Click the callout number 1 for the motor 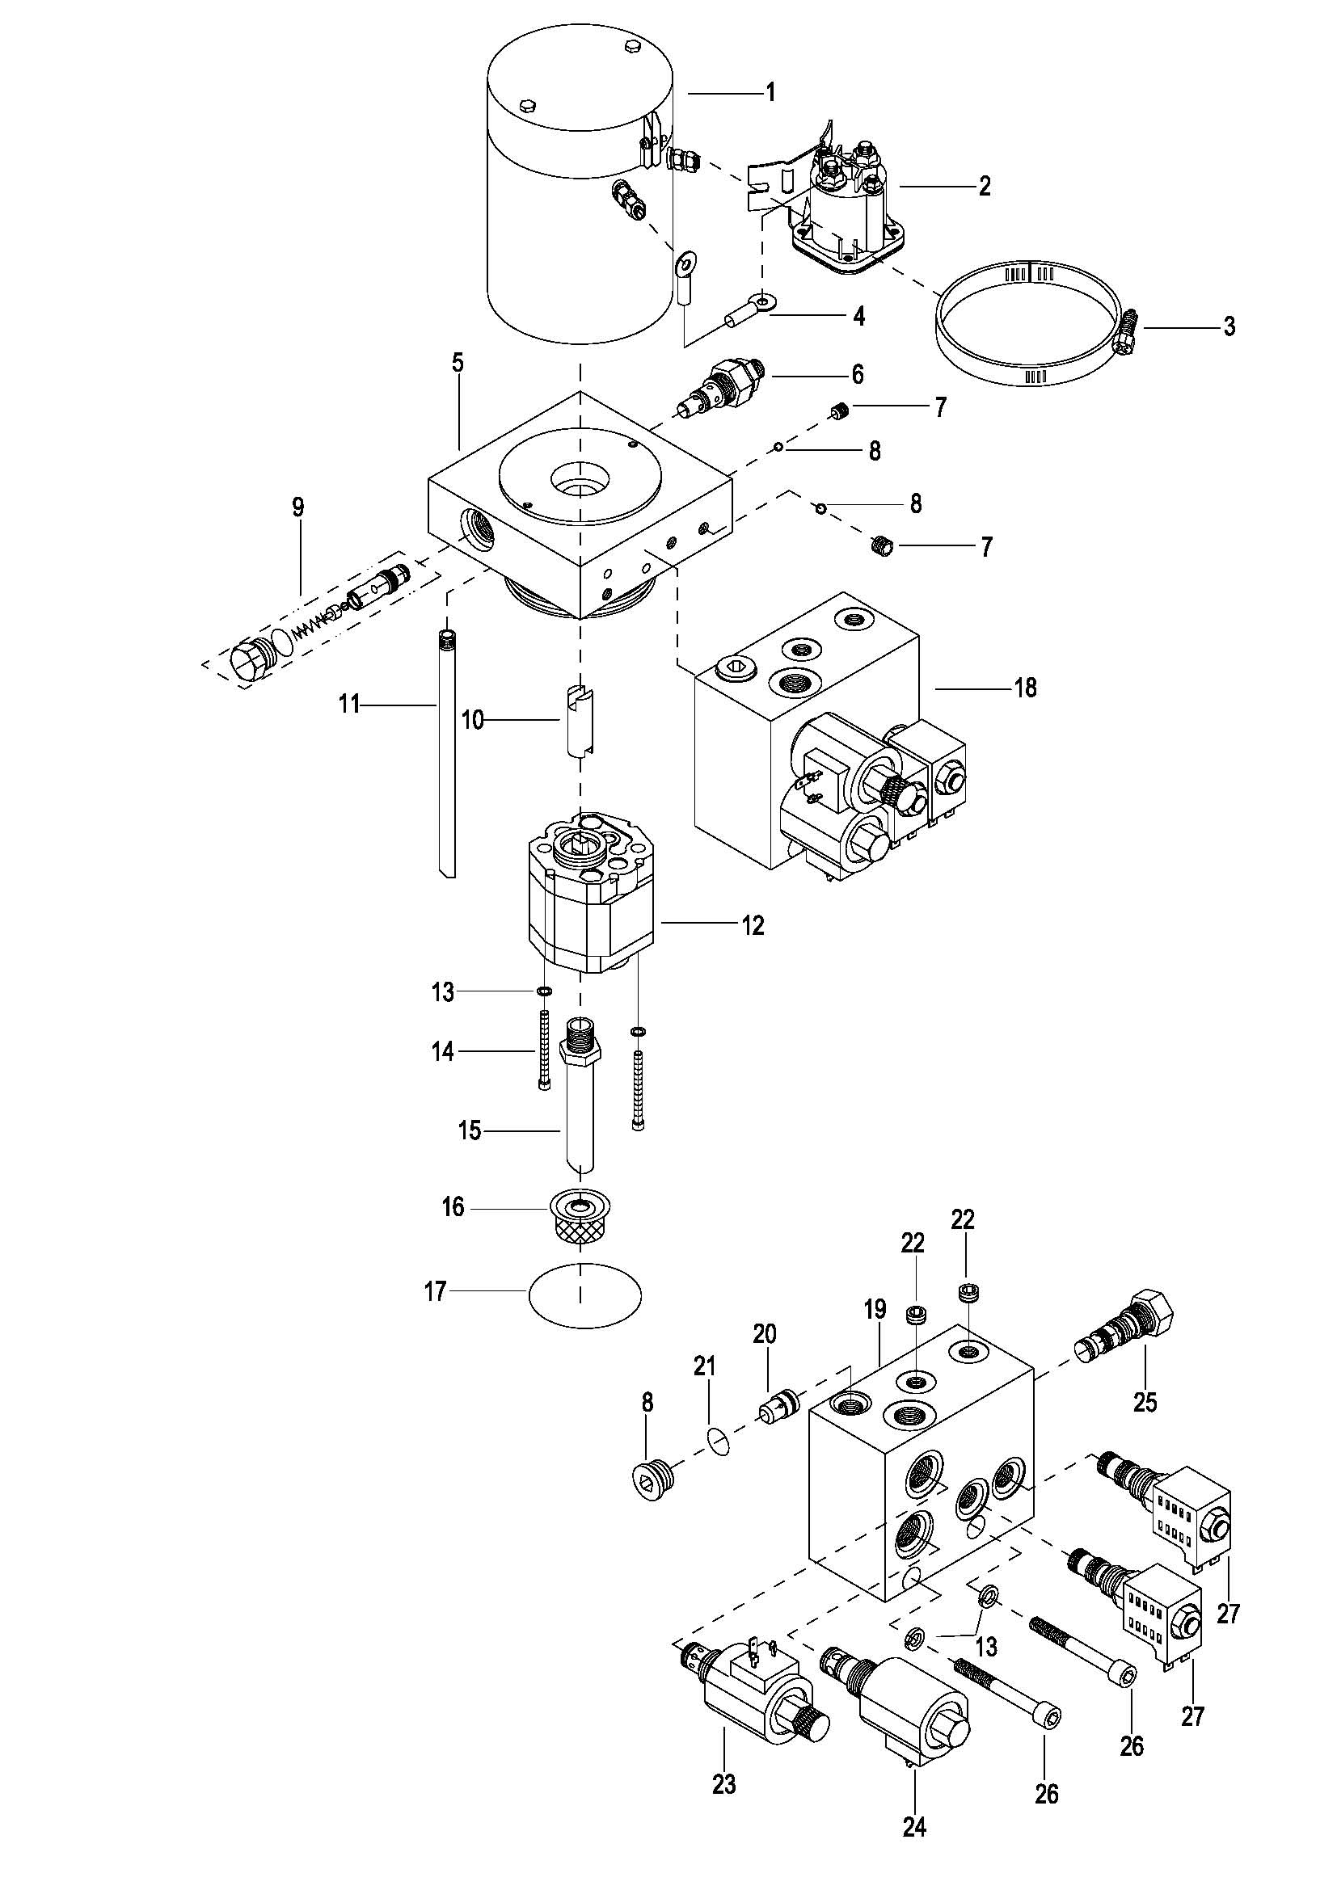[770, 91]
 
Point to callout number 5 [458, 363]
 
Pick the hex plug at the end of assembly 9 [252, 663]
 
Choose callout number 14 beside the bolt [444, 1051]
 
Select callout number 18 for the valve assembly [1025, 687]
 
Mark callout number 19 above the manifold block [875, 1309]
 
